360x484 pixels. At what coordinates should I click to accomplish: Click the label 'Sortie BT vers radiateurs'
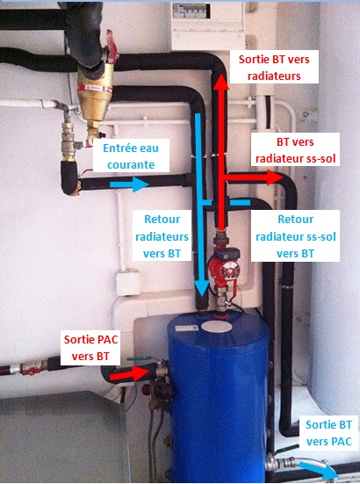(x=274, y=68)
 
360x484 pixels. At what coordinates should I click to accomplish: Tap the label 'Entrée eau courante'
(x=131, y=155)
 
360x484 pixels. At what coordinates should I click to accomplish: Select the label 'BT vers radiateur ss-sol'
(x=295, y=150)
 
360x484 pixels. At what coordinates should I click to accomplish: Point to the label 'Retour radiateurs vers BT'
(x=162, y=235)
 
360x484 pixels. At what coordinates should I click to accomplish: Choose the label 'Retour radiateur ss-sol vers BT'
(x=295, y=235)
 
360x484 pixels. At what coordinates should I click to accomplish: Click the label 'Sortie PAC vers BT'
(x=90, y=348)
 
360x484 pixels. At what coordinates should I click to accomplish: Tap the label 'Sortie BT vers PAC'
(x=329, y=433)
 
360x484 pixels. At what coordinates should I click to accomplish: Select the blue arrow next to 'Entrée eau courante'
(x=129, y=184)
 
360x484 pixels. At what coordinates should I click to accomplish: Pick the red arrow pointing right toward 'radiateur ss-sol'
(x=253, y=177)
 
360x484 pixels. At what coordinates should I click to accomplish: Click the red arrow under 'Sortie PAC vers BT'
(x=130, y=372)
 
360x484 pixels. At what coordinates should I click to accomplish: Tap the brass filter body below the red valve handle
(x=94, y=99)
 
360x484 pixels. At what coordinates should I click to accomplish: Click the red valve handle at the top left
(x=112, y=47)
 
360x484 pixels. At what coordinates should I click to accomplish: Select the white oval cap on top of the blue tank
(x=218, y=327)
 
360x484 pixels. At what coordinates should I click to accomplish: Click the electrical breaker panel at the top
(x=207, y=25)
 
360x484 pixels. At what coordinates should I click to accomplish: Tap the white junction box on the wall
(x=128, y=282)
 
